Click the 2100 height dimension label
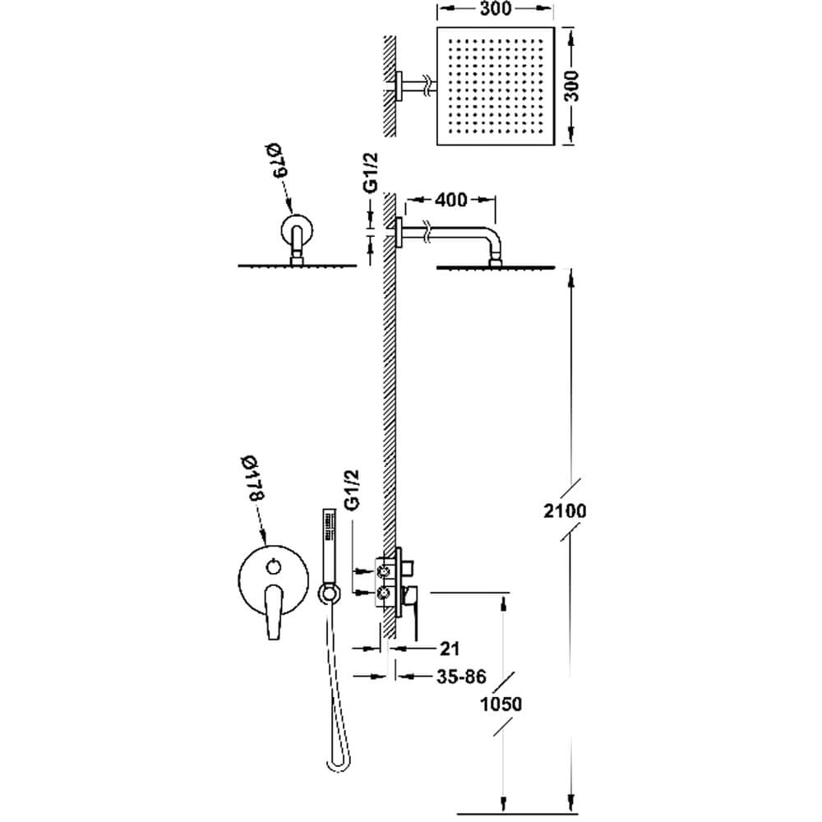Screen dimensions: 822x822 (x=564, y=510)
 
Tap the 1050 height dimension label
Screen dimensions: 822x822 (x=501, y=704)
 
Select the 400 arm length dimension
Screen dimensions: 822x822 (x=451, y=199)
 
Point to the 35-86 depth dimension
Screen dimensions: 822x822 (x=461, y=677)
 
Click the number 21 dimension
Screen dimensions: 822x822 (x=450, y=649)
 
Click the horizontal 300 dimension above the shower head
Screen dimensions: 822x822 (x=495, y=9)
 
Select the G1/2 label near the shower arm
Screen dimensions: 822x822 (x=371, y=172)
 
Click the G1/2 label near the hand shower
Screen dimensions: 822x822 (x=352, y=489)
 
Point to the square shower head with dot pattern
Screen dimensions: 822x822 (x=496, y=85)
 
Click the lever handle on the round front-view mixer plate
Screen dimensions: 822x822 (x=274, y=612)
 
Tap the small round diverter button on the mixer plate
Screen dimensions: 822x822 (x=274, y=566)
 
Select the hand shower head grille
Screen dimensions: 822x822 (x=330, y=524)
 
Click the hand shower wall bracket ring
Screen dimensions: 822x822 (x=328, y=593)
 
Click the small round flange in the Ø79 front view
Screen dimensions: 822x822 (x=297, y=230)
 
